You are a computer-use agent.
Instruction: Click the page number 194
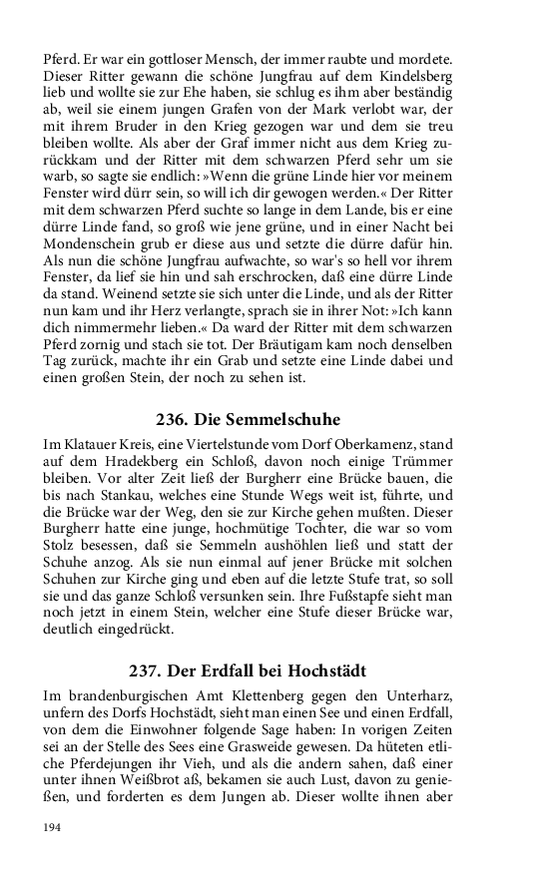52,827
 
